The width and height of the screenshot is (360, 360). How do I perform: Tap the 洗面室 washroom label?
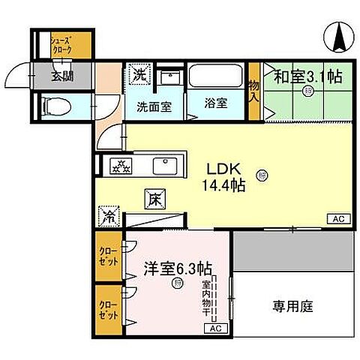154,106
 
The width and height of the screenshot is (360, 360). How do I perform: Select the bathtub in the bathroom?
215,76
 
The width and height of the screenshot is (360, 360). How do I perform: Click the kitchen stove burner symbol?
121,166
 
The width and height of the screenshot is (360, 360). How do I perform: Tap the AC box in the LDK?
337,218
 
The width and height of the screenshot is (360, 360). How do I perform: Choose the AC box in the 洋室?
214,328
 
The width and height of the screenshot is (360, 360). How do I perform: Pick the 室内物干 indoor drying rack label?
205,297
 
